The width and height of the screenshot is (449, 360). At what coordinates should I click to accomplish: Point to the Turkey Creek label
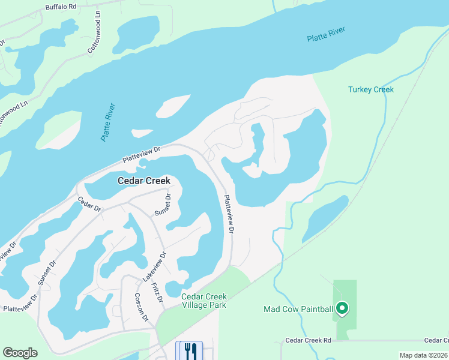[371, 89]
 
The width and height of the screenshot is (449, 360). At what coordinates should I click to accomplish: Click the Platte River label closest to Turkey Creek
[326, 37]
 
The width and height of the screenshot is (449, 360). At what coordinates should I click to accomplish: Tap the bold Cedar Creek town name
[144, 181]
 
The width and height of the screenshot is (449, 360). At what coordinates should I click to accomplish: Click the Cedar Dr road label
[89, 204]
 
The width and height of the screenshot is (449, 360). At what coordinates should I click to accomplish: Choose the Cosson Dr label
[140, 307]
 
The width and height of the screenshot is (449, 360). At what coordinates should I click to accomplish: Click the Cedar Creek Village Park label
[204, 301]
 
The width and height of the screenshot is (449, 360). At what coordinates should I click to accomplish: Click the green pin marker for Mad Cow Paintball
[342, 308]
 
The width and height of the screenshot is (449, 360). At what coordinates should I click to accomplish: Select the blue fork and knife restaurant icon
[189, 350]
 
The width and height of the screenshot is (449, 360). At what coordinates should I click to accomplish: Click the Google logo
[20, 353]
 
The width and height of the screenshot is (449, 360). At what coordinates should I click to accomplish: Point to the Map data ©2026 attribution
[424, 355]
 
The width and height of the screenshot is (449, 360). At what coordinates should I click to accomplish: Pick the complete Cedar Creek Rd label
[309, 340]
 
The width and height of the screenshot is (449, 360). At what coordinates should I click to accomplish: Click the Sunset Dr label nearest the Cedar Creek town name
[163, 205]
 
